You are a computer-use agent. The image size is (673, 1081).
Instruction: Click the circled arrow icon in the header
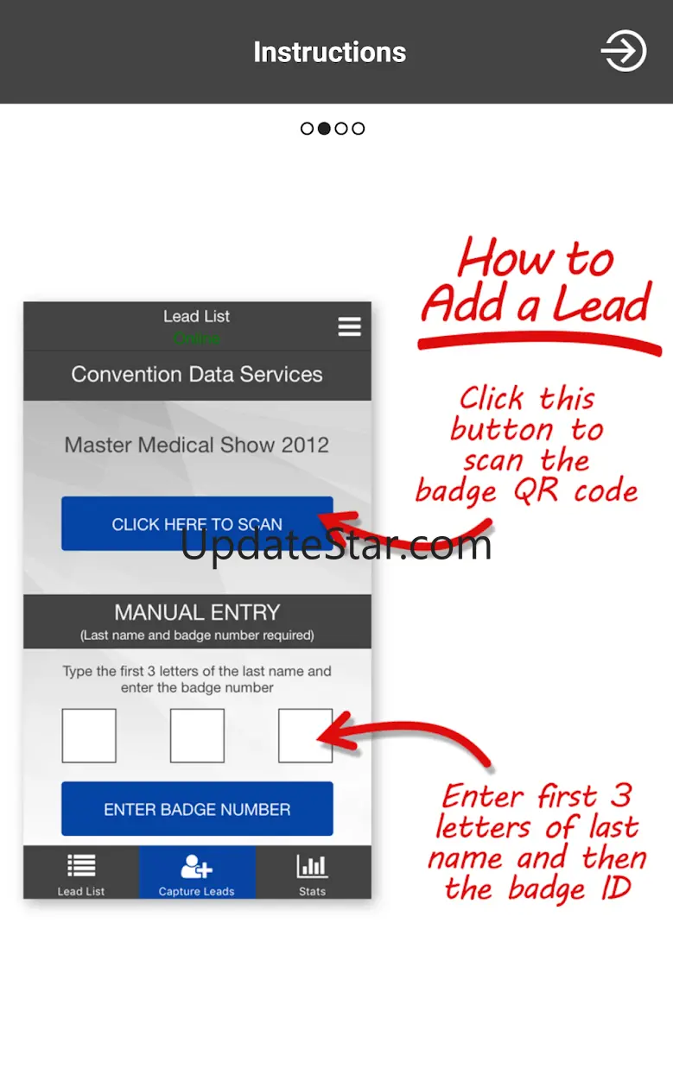[624, 51]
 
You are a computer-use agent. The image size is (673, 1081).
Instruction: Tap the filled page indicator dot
[325, 129]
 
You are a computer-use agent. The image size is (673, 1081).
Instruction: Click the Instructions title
[330, 52]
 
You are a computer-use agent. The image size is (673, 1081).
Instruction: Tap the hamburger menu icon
[350, 326]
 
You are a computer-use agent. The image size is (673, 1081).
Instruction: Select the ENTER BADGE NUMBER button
[197, 809]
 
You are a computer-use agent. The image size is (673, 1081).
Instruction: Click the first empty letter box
[89, 736]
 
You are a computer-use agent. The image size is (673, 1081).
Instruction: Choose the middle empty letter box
[197, 736]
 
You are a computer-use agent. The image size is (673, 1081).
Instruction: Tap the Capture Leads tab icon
[196, 866]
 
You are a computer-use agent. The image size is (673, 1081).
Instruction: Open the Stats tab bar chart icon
[312, 866]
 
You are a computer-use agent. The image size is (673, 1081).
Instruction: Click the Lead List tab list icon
[81, 866]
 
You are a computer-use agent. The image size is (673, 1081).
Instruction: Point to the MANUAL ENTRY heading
[197, 612]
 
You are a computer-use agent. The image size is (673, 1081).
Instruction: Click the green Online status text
[196, 338]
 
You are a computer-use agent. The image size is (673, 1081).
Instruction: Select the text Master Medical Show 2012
[196, 445]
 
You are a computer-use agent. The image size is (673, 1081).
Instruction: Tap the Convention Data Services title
[197, 375]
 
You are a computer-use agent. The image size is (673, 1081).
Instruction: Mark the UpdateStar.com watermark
[336, 546]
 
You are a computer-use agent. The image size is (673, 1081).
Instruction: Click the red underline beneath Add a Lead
[539, 342]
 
